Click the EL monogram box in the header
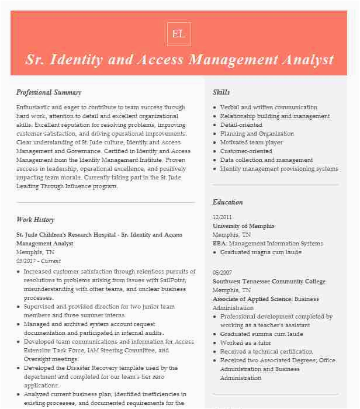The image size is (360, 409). click(x=178, y=34)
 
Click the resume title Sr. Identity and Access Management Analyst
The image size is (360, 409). click(x=179, y=60)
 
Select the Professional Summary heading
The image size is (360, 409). click(x=49, y=92)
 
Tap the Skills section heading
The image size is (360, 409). click(x=221, y=92)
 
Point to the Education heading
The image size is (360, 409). click(x=227, y=202)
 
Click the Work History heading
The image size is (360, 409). click(x=35, y=220)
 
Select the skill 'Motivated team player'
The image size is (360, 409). click(x=251, y=143)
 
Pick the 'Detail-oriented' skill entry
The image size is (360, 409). click(x=241, y=125)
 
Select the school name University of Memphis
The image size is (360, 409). click(x=243, y=226)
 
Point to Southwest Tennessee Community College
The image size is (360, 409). click(x=269, y=282)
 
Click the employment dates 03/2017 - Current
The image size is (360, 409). click(x=39, y=261)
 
